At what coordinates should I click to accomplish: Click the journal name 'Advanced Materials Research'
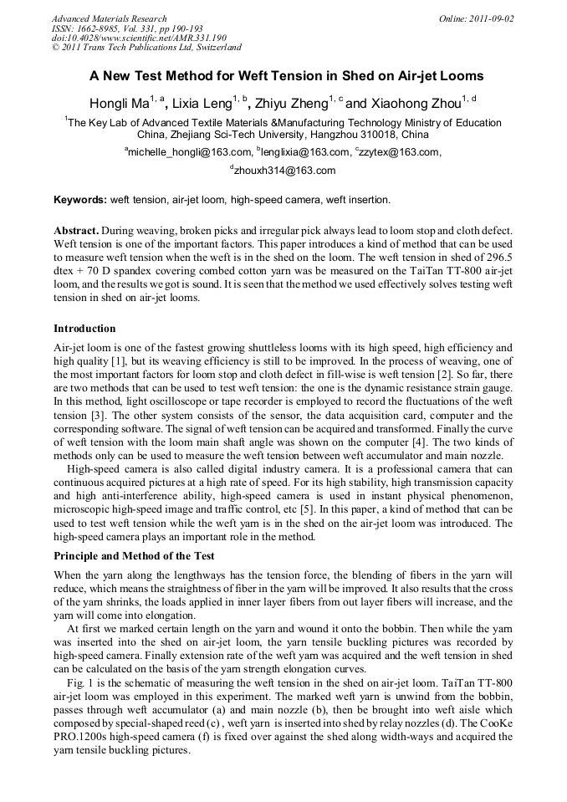pos(109,18)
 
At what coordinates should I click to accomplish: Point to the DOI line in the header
pos(139,38)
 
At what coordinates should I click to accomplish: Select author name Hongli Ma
pos(116,104)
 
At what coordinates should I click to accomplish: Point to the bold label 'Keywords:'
pos(80,200)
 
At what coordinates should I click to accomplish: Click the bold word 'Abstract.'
pos(77,230)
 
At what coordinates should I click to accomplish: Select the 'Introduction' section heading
pos(84,329)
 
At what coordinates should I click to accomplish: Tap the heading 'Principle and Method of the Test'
pos(134,555)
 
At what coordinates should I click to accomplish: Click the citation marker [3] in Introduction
pos(96,416)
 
